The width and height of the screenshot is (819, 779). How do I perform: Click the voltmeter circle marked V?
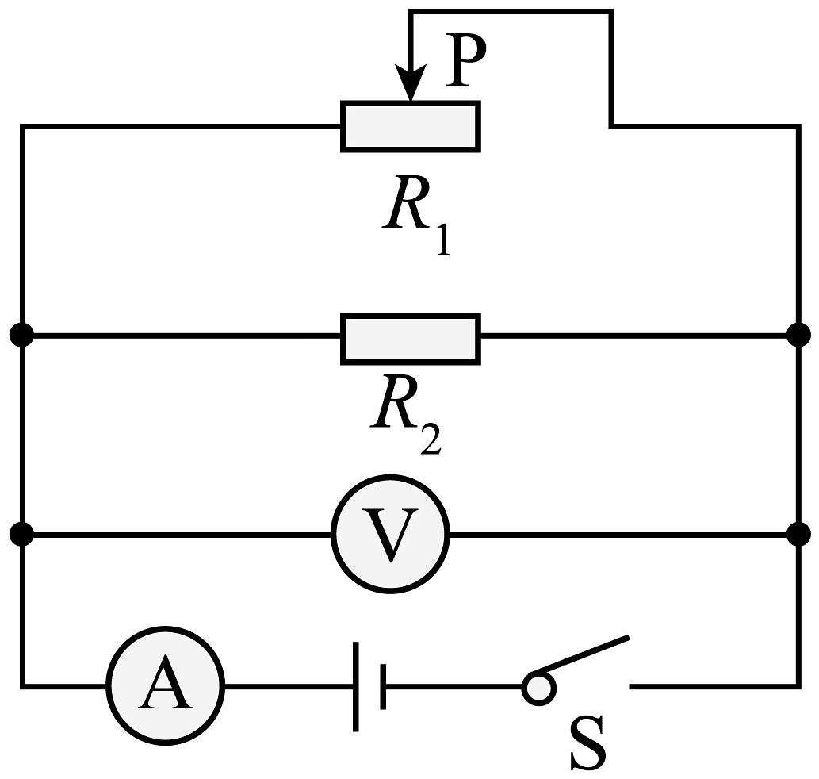pyautogui.click(x=390, y=534)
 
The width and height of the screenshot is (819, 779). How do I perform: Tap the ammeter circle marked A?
pyautogui.click(x=166, y=685)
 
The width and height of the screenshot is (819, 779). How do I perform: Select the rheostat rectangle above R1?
pyautogui.click(x=411, y=126)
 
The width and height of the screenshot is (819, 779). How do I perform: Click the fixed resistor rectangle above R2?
pyautogui.click(x=411, y=339)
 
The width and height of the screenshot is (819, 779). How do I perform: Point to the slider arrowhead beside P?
pyautogui.click(x=411, y=82)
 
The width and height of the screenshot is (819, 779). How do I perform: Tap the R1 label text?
pyautogui.click(x=416, y=215)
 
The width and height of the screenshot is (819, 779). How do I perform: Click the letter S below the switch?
pyautogui.click(x=587, y=743)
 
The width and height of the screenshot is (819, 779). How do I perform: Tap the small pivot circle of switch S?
pyautogui.click(x=538, y=688)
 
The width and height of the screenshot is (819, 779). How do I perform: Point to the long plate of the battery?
pyautogui.click(x=356, y=686)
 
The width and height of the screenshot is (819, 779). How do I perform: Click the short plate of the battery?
pyautogui.click(x=384, y=686)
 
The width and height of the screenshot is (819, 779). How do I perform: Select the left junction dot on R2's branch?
pyautogui.click(x=22, y=335)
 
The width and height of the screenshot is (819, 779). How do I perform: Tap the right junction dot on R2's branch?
pyautogui.click(x=798, y=335)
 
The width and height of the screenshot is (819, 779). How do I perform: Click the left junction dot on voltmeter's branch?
pyautogui.click(x=22, y=534)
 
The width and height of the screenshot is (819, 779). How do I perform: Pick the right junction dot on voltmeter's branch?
pyautogui.click(x=798, y=534)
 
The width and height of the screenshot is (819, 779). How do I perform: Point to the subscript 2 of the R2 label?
pyautogui.click(x=431, y=439)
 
